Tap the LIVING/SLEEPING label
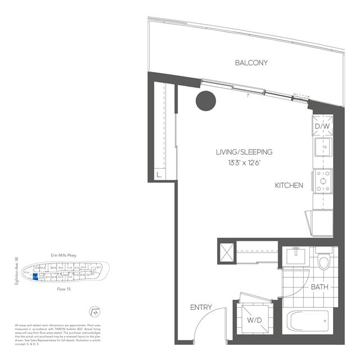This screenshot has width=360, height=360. (x=244, y=152)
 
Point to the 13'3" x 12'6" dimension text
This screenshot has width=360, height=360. (x=244, y=163)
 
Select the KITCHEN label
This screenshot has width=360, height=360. (x=289, y=186)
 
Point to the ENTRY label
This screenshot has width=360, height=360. (x=201, y=307)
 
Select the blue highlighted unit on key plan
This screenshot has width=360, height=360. (x=35, y=276)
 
